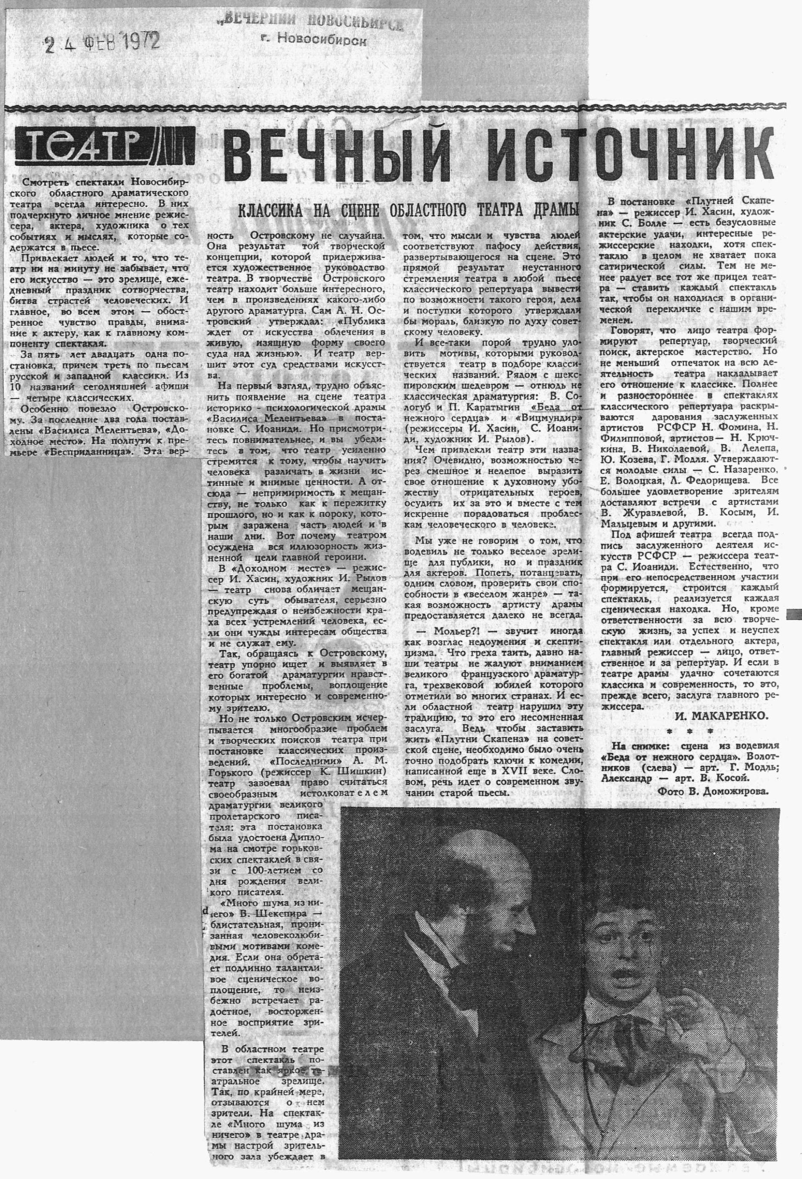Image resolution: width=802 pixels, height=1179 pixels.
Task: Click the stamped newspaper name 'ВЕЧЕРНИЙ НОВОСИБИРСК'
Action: click(x=310, y=22)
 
